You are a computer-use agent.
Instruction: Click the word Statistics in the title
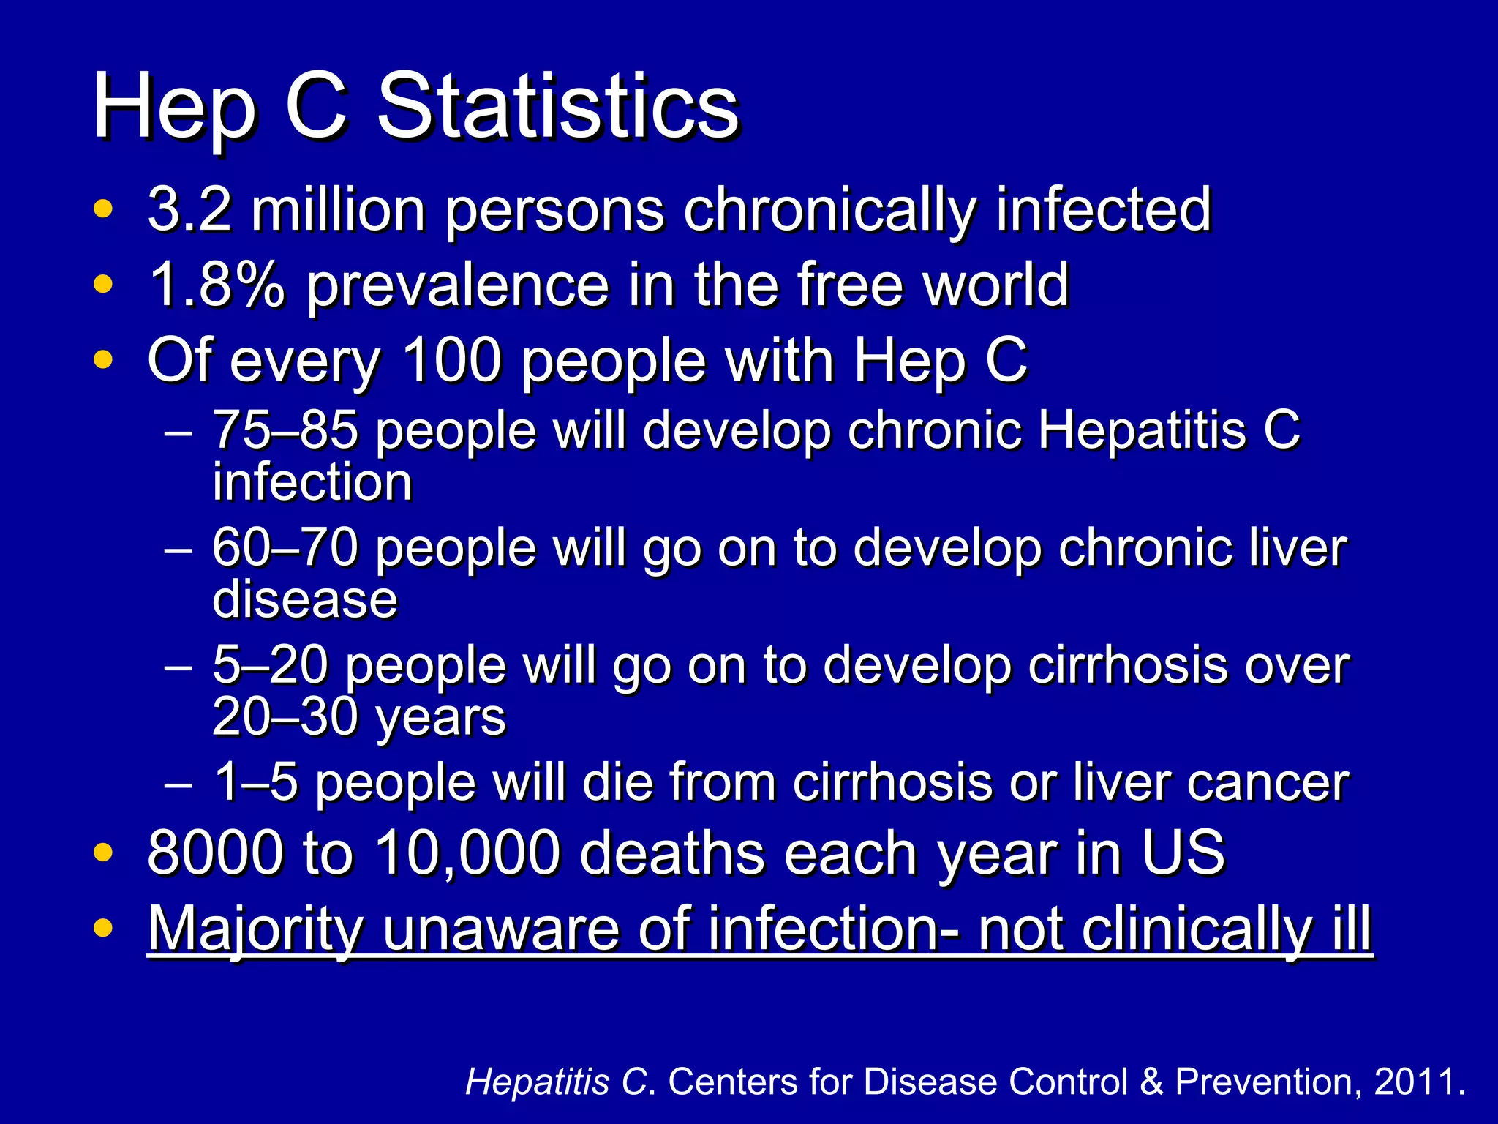tap(557, 108)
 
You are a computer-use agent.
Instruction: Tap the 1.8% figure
tap(217, 285)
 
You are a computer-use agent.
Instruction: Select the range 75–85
tap(285, 430)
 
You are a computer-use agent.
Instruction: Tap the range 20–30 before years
tap(285, 716)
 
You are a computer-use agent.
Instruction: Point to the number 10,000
tap(467, 853)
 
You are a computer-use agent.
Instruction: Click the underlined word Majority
tap(255, 929)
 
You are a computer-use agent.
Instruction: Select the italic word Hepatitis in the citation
tap(537, 1082)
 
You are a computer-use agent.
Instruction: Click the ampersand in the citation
tap(1151, 1082)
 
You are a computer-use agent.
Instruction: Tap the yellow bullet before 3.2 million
tap(103, 209)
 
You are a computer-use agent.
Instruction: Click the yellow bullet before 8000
tap(103, 853)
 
